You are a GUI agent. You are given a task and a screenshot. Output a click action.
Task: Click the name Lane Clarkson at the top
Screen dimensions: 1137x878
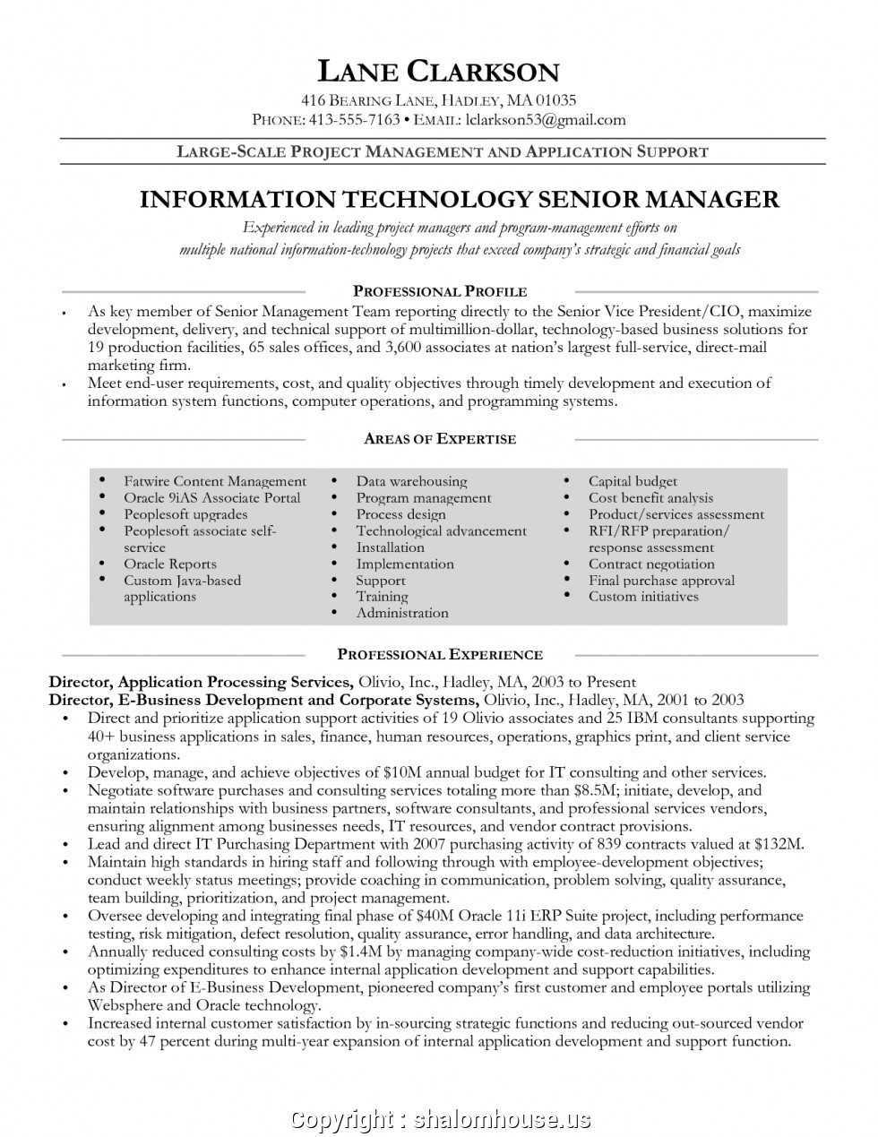click(439, 71)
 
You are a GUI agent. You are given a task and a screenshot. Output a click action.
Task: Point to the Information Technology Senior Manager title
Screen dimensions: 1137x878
click(459, 199)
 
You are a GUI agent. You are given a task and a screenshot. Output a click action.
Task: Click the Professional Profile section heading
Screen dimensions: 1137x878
click(440, 291)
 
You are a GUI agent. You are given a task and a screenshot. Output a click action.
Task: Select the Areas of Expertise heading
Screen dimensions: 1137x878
click(440, 439)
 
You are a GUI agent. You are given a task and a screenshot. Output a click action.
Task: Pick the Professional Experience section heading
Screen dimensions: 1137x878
click(440, 655)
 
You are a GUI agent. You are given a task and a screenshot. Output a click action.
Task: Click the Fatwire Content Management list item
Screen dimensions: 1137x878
click(215, 481)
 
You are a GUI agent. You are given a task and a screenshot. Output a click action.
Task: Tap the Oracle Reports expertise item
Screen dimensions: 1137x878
click(170, 564)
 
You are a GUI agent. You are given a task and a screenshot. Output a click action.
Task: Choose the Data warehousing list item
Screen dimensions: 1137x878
click(411, 481)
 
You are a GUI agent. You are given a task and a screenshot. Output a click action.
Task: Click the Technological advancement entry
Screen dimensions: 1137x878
click(441, 530)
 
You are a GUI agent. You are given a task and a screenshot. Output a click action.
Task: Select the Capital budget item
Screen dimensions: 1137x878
click(633, 481)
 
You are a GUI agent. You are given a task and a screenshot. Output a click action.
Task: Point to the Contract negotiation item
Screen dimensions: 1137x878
click(651, 564)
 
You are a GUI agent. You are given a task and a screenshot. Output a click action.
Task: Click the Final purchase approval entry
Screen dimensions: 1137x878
click(661, 580)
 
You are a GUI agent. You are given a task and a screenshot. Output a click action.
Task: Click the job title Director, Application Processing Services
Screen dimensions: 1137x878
click(200, 682)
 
